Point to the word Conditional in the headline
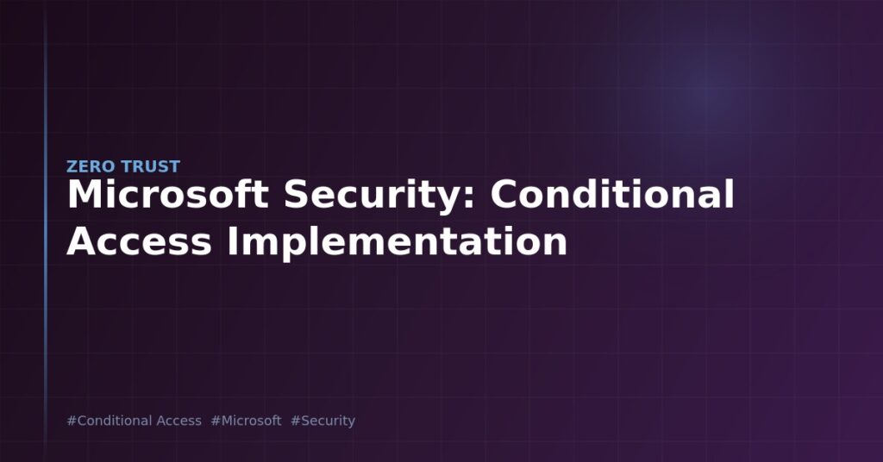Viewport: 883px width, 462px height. click(612, 194)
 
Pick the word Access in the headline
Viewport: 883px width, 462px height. click(139, 242)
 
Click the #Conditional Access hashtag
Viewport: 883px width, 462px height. click(134, 421)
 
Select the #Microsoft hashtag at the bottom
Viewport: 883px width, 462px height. click(246, 421)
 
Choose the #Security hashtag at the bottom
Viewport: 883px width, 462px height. click(323, 421)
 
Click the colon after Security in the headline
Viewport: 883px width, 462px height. click(470, 198)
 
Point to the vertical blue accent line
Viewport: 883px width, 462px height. click(46, 231)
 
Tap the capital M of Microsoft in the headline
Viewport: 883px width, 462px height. click(83, 194)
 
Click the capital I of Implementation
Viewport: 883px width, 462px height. click(231, 242)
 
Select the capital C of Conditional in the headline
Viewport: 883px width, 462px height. click(504, 194)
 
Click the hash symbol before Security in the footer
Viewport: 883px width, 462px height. click(296, 421)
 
